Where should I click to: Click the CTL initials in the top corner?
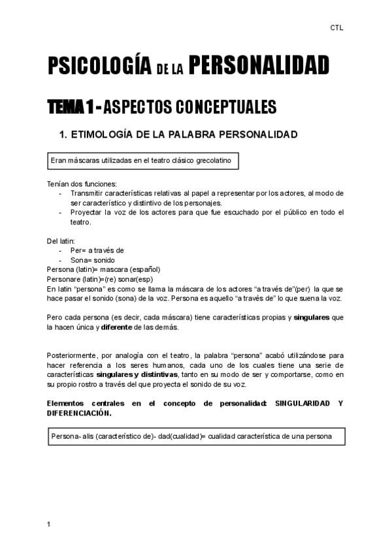pos(336,28)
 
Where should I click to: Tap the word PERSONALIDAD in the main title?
pos(260,66)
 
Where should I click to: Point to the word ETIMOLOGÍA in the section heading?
pos(112,135)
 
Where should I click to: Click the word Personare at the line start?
pos(64,279)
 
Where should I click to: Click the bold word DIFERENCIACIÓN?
pos(79,413)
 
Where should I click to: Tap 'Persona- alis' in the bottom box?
pos(73,436)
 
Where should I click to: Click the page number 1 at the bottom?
pos(49,524)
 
